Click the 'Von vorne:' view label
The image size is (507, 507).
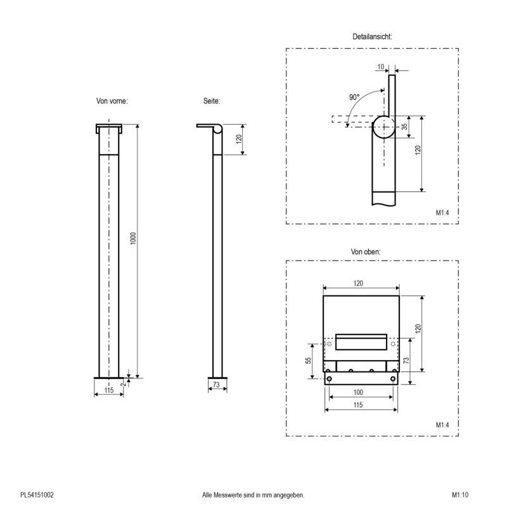(x=112, y=100)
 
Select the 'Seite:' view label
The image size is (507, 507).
(x=212, y=100)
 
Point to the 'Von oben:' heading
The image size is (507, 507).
(x=366, y=252)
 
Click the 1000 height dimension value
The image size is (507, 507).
(x=133, y=240)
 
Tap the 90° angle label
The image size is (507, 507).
(x=354, y=97)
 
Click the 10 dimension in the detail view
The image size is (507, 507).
(x=380, y=67)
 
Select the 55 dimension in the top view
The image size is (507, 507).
(x=309, y=360)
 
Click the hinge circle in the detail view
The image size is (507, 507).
(x=383, y=127)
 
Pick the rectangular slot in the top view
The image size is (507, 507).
(x=361, y=342)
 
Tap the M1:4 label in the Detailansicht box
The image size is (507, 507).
(x=442, y=213)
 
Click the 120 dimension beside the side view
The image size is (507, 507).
(x=238, y=138)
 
